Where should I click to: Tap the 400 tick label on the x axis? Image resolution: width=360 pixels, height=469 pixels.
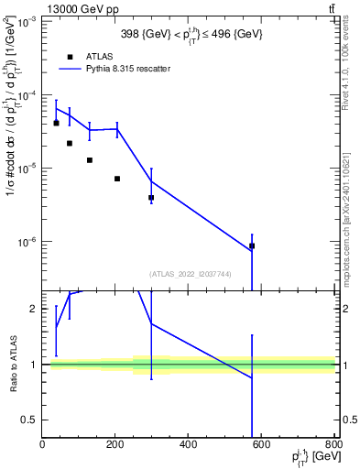(x=189, y=445)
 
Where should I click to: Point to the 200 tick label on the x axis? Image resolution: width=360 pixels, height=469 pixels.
(x=115, y=445)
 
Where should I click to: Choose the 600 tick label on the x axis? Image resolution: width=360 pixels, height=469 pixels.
(x=262, y=445)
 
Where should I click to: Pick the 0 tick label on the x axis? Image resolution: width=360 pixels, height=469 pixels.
(x=42, y=445)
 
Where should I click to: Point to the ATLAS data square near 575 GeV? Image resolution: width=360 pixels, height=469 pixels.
(x=252, y=245)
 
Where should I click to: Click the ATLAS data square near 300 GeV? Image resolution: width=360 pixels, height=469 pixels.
(x=151, y=197)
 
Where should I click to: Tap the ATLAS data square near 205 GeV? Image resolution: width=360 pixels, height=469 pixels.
(x=117, y=179)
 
